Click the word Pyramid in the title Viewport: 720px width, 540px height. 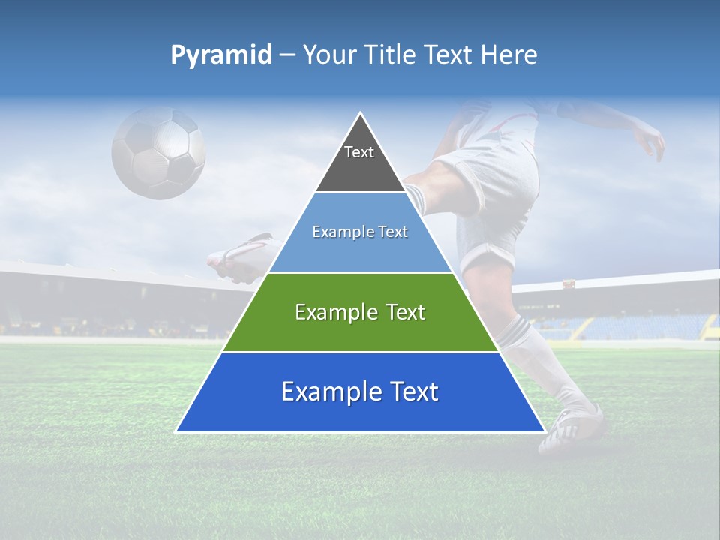pyautogui.click(x=220, y=55)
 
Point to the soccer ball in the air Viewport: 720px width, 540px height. pyautogui.click(x=159, y=152)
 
